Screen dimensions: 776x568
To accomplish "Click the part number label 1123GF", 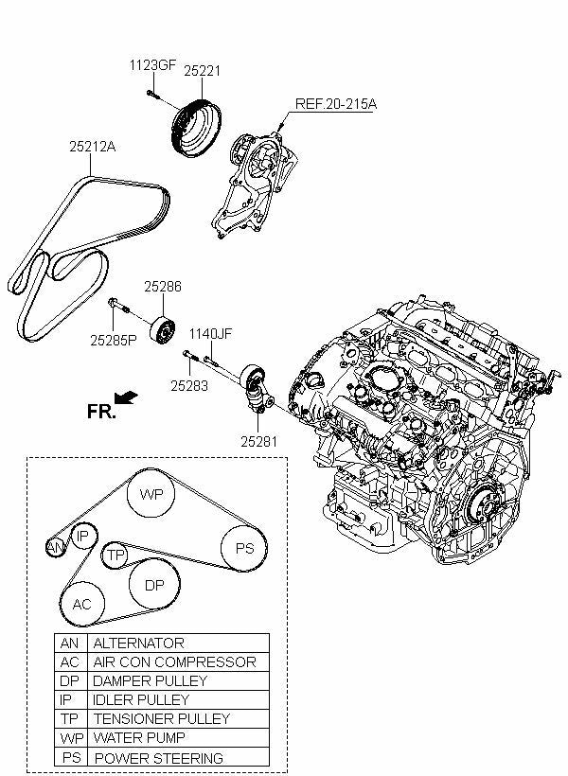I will coord(152,65).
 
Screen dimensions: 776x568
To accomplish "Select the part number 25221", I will coord(202,70).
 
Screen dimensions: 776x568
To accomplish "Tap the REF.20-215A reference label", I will coord(335,103).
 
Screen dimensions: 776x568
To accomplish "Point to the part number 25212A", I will coord(92,147).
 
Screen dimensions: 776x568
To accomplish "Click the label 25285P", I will coord(114,338).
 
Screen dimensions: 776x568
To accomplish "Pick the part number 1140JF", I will coord(209,334).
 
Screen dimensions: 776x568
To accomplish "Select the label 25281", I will coord(258,440).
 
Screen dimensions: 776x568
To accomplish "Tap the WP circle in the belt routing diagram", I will coord(151,494).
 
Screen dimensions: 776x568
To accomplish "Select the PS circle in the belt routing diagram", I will coord(244,548).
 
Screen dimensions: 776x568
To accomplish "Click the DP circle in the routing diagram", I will coord(154,586).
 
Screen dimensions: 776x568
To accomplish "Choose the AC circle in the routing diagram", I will coord(82,604).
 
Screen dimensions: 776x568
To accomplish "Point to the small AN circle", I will coord(56,547).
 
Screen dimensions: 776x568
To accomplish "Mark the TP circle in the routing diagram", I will coord(115,556).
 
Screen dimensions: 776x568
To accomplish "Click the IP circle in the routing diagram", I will coord(83,536).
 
